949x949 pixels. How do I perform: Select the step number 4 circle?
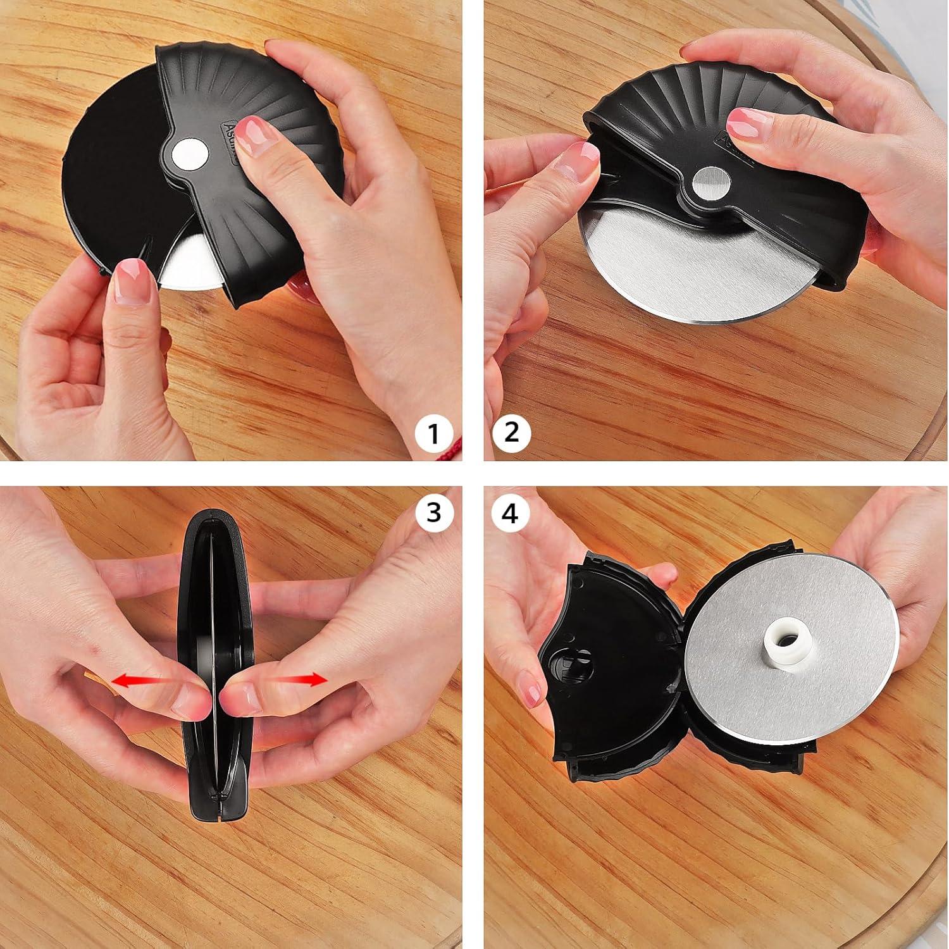tap(510, 514)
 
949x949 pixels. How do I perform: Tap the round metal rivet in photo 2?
tap(710, 183)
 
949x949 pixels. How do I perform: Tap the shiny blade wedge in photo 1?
tap(190, 266)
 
